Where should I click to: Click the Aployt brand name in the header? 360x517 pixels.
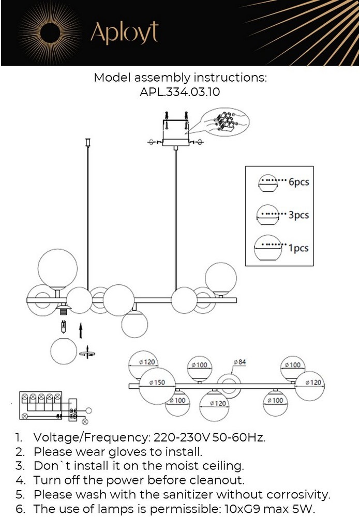[124, 33]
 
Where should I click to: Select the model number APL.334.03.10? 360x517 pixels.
[180, 92]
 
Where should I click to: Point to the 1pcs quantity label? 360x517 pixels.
[298, 248]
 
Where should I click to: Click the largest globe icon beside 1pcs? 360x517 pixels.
[268, 250]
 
